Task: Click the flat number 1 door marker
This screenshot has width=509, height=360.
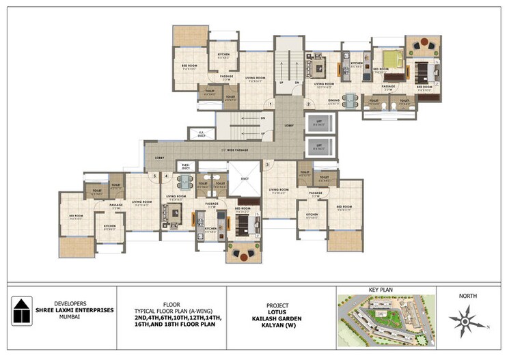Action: tap(271, 104)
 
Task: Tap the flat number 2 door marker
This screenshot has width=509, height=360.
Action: tap(308, 104)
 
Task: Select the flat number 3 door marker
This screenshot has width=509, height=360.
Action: tap(268, 163)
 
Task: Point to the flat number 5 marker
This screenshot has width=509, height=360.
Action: tap(156, 176)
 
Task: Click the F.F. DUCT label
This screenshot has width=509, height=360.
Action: tap(202, 133)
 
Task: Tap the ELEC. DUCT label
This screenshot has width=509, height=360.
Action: tap(184, 165)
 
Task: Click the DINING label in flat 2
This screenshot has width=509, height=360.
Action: tap(334, 100)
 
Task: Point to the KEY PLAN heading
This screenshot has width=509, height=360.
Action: tap(386, 290)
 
